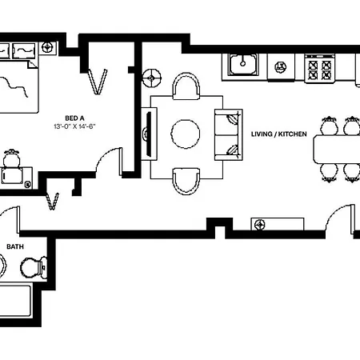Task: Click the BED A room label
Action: [74, 118]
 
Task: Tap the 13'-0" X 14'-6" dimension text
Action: [74, 126]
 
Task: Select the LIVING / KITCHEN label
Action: [279, 134]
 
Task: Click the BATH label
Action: [15, 246]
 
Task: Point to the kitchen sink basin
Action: [242, 64]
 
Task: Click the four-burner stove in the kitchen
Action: [320, 69]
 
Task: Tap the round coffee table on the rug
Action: [186, 134]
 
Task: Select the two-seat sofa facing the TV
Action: [229, 134]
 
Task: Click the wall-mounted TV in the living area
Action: [149, 134]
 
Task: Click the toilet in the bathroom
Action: [34, 267]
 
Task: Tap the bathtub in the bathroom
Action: [15, 301]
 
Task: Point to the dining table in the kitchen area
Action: [338, 150]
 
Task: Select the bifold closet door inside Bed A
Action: [98, 82]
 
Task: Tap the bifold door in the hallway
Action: [52, 201]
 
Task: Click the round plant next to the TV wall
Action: [152, 78]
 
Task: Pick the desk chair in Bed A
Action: [11, 158]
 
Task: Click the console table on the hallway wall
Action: [278, 224]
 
